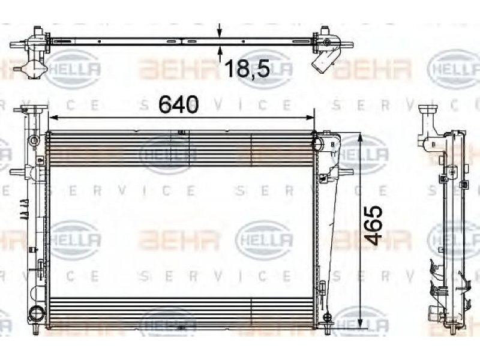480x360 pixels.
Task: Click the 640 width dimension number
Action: (x=178, y=104)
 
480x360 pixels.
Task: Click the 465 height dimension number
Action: (x=373, y=226)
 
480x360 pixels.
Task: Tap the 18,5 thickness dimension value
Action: (x=247, y=68)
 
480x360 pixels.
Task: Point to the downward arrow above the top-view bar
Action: (x=219, y=31)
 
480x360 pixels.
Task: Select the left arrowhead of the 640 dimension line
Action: (x=53, y=117)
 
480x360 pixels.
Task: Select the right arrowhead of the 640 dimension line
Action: (x=310, y=117)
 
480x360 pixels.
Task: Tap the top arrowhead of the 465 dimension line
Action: (x=361, y=137)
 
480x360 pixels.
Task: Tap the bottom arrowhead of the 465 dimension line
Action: (x=361, y=322)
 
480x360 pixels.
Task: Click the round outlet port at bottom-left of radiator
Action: (x=34, y=313)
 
